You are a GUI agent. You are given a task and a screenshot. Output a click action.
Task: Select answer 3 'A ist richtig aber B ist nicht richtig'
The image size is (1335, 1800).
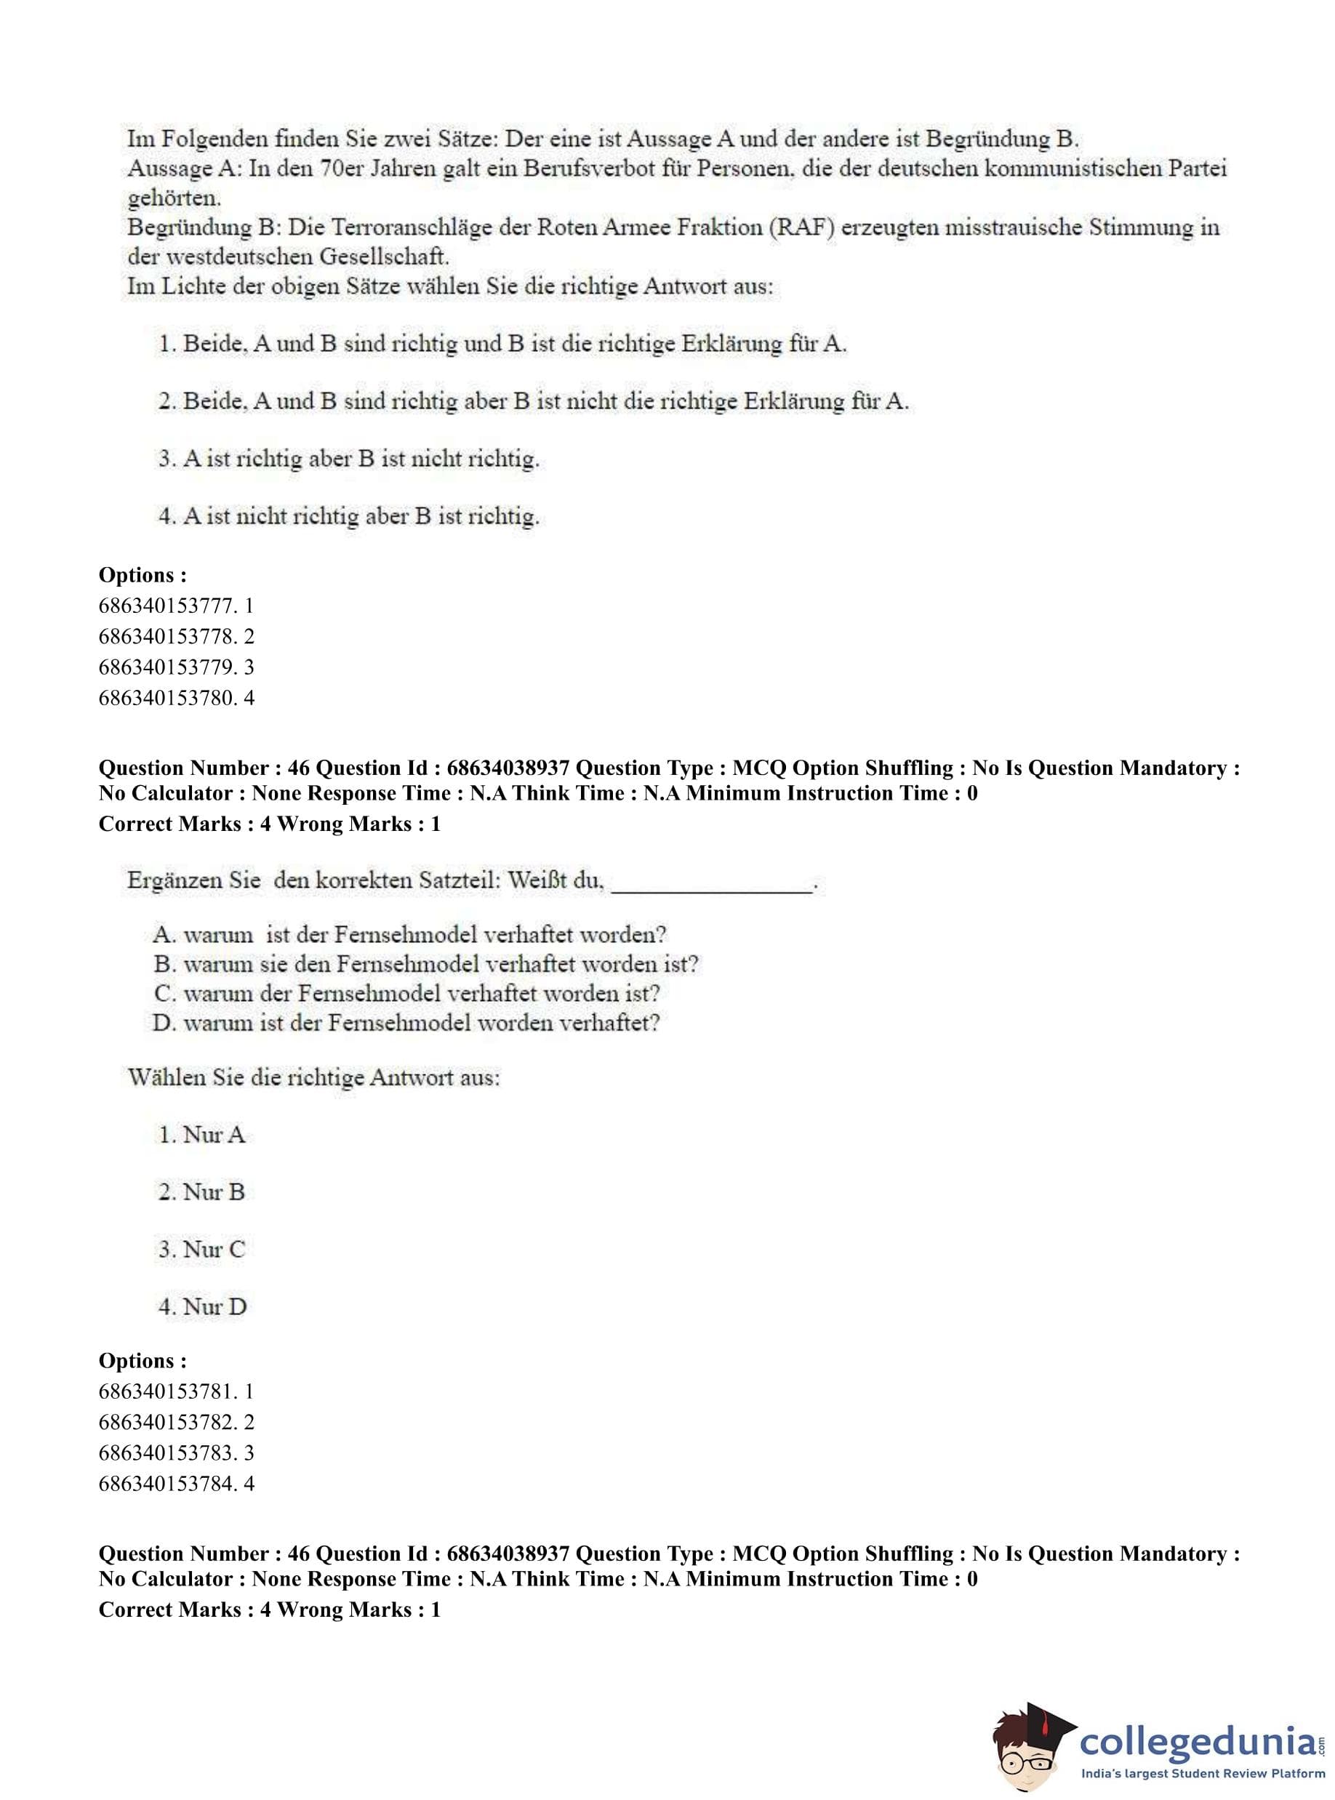pyautogui.click(x=348, y=459)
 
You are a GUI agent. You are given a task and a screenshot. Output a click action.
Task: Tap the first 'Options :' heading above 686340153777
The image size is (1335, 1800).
pyautogui.click(x=143, y=575)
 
